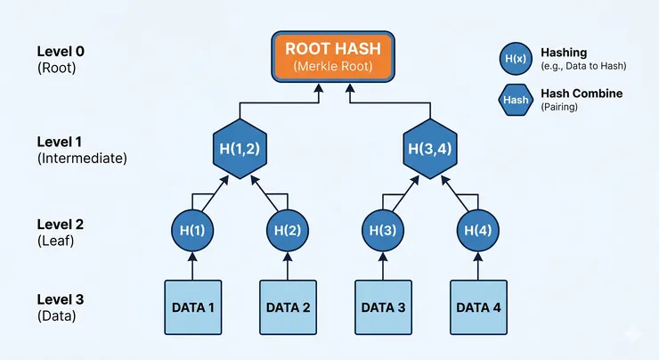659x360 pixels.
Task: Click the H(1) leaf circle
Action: click(x=191, y=230)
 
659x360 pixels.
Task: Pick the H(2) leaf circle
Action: click(x=288, y=230)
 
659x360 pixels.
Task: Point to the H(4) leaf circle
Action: click(x=478, y=230)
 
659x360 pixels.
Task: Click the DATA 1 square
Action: click(x=191, y=307)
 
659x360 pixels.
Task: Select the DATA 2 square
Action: click(x=288, y=307)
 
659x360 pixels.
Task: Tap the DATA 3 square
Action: click(x=383, y=307)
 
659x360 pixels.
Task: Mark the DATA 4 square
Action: click(x=478, y=307)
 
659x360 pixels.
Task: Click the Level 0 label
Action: click(x=63, y=50)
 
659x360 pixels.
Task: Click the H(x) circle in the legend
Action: click(x=514, y=59)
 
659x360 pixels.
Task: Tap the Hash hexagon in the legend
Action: click(x=514, y=100)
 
